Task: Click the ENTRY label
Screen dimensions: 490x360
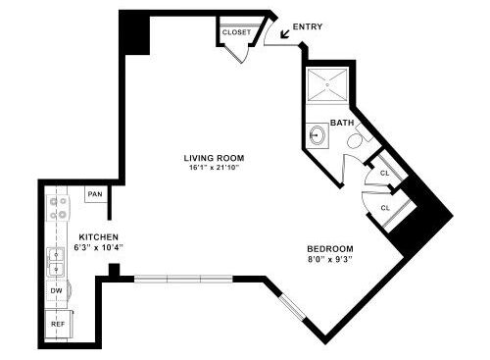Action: tap(308, 26)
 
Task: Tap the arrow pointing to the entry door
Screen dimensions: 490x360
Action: tap(285, 34)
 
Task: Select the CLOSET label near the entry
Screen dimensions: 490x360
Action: tap(236, 32)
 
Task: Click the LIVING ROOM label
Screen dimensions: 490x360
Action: tap(214, 158)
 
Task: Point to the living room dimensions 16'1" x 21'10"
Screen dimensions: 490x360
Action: tap(214, 168)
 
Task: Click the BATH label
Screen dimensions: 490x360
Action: tap(342, 123)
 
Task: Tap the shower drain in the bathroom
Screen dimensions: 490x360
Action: tap(327, 84)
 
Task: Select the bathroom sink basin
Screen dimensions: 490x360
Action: tap(317, 134)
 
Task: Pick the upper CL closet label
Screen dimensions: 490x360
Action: tap(385, 174)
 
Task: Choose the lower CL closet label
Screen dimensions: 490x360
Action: tap(385, 208)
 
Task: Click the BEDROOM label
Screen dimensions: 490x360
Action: tap(330, 249)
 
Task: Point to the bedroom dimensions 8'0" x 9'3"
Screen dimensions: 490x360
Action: tap(330, 260)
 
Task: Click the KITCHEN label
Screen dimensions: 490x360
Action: tap(99, 237)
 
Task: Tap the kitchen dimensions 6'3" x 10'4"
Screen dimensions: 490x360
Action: tap(98, 247)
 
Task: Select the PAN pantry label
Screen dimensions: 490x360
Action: tap(95, 194)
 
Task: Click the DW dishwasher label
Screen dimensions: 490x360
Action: tap(56, 290)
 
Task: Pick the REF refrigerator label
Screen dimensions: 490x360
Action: tap(58, 324)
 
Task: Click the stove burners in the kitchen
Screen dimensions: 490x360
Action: tap(58, 208)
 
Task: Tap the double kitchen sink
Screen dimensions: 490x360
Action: tap(56, 262)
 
